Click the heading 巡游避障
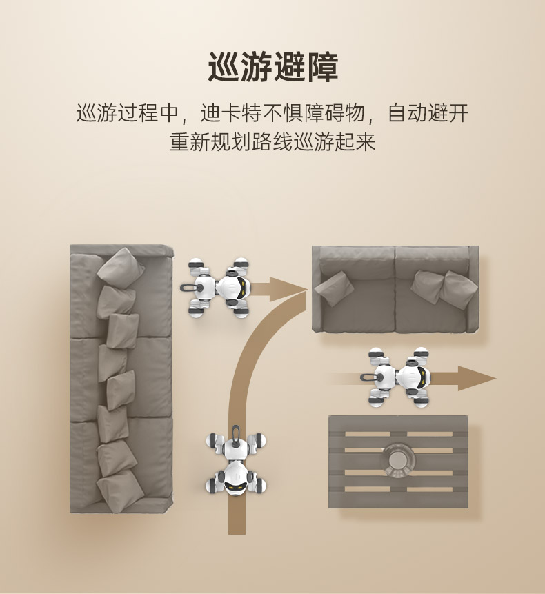point(272,68)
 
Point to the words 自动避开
point(428,113)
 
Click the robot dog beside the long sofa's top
point(216,288)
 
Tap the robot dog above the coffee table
point(396,377)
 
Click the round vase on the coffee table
point(399,459)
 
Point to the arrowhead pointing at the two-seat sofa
point(288,290)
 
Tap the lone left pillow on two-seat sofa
point(334,288)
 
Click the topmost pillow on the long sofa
point(121,265)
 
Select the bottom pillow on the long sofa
point(121,491)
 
